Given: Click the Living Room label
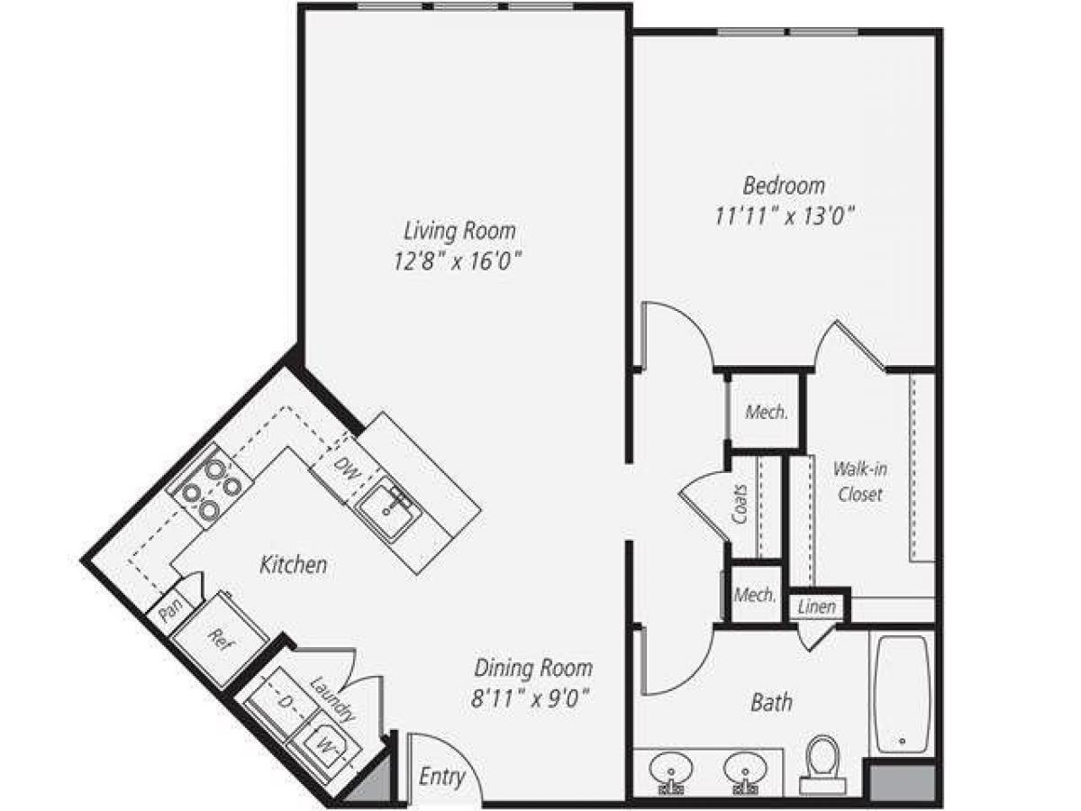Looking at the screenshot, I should coord(459,231).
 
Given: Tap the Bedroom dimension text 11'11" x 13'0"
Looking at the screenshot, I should coord(784,216).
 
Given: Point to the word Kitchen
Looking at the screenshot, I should coord(293,566).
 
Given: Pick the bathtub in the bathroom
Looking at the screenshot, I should coord(902,694).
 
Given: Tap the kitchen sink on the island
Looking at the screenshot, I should coord(387,507).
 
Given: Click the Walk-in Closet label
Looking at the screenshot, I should coord(858,481).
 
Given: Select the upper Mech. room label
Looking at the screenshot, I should coord(767,414).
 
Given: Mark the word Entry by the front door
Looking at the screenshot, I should coord(442,777).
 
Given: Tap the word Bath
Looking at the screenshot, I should coord(772,701).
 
